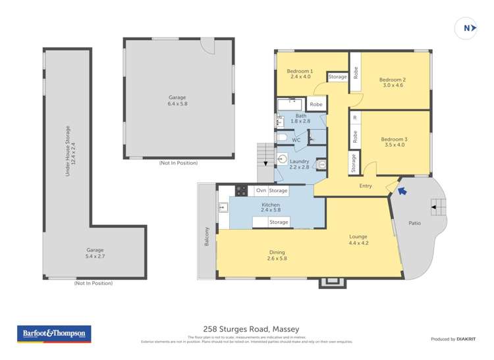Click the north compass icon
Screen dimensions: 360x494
point(466,28)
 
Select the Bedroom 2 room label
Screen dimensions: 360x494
point(393,82)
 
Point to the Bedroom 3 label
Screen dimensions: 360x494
point(394,142)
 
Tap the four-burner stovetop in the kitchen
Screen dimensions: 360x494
point(241,191)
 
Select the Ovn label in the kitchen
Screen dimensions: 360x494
point(261,191)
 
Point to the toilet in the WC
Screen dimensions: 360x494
point(281,138)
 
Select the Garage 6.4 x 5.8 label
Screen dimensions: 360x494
point(177,101)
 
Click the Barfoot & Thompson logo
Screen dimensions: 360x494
point(54,334)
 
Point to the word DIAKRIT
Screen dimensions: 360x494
point(466,339)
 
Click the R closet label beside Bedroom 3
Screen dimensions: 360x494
point(355,118)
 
